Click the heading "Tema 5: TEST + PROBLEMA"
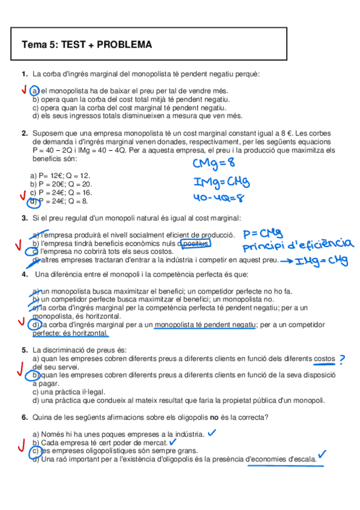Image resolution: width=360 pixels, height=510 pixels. (87, 45)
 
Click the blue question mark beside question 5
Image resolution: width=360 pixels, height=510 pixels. (342, 359)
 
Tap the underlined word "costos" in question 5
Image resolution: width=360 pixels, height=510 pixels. (323, 358)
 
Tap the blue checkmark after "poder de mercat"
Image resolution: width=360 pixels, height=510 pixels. (173, 441)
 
